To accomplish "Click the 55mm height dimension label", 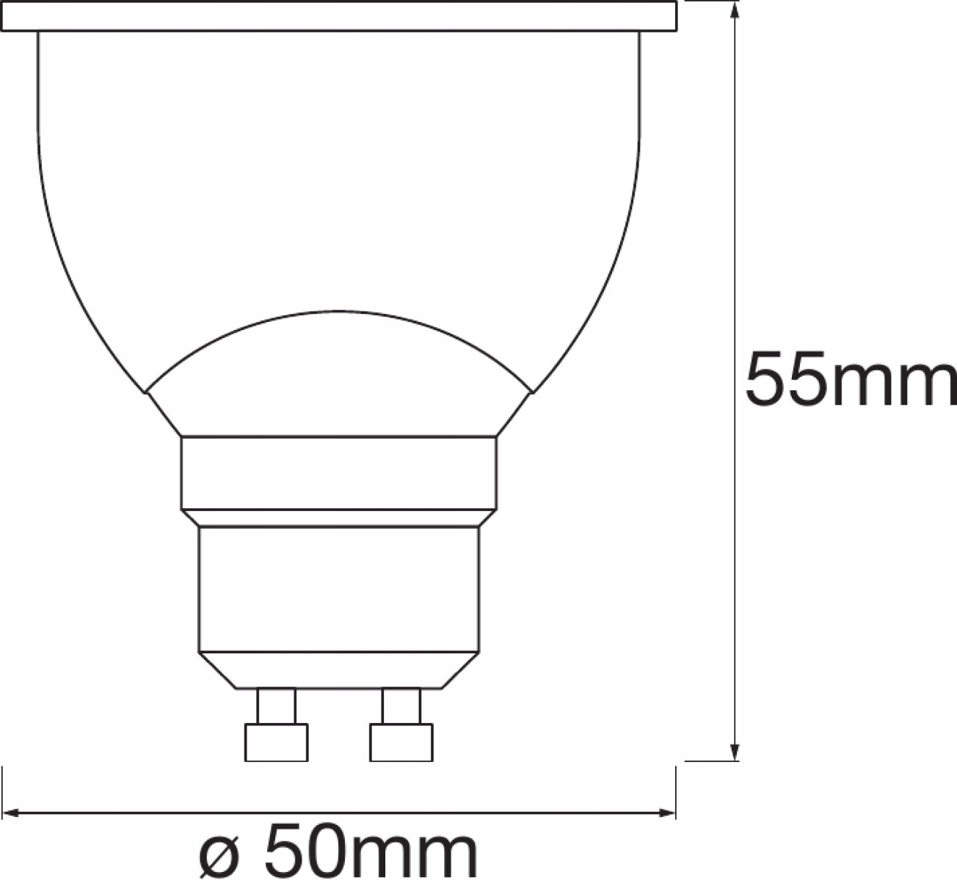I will pos(850,380).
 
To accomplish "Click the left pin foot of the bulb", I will pos(276,742).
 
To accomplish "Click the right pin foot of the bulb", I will pos(401,742).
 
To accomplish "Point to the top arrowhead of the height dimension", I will pos(735,9).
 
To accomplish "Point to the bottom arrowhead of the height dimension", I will pos(735,752).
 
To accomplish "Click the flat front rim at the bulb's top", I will pos(338,16).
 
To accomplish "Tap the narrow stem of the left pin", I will pos(276,706).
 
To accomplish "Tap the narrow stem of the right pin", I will pos(401,706).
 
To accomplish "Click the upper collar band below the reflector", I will pos(338,473).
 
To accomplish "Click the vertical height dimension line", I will pos(735,220).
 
